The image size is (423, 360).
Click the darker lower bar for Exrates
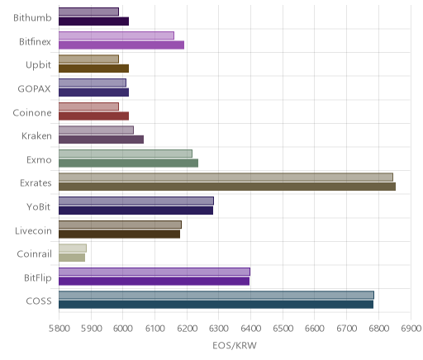pos(227,187)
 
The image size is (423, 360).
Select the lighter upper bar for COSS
pos(216,295)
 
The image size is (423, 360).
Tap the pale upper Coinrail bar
pos(73,248)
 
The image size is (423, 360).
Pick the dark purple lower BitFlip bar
pos(154,281)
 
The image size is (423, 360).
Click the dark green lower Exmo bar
pos(128,163)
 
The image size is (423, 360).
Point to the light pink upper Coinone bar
pos(88,107)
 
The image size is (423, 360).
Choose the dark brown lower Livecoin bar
pos(119,234)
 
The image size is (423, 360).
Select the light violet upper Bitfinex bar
pos(116,36)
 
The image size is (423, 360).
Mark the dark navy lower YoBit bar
pos(135,211)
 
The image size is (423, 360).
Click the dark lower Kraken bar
pos(101,140)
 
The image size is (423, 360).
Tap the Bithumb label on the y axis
pos(32,18)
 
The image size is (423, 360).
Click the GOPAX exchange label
pos(34,88)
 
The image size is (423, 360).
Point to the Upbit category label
pos(38,65)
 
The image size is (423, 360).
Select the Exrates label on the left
pos(36,183)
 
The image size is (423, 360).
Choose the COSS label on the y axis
pos(39,301)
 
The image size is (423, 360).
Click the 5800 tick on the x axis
pos(59,329)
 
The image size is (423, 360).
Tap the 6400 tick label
pos(250,329)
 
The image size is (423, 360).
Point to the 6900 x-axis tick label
pos(411,329)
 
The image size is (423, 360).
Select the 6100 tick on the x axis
pos(154,329)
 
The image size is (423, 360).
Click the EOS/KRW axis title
pos(235,345)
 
